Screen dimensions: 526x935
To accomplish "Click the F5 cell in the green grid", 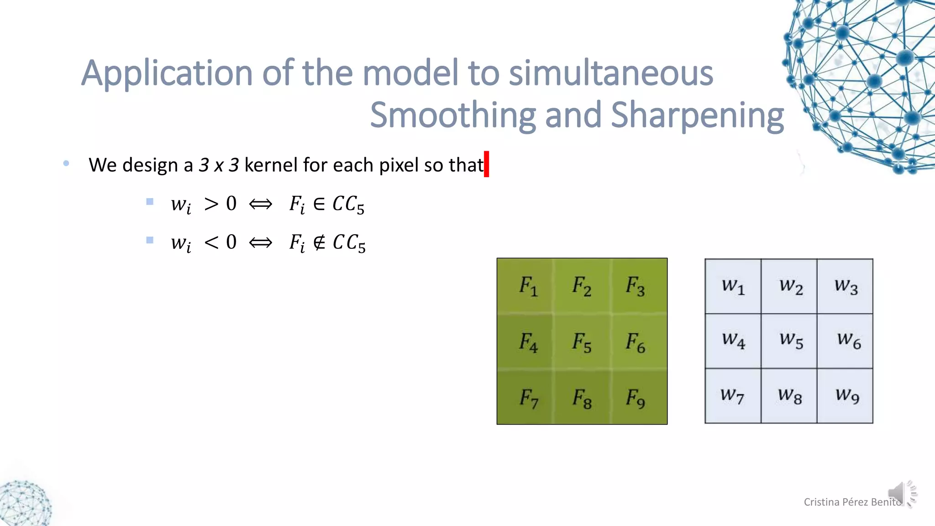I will (x=582, y=342).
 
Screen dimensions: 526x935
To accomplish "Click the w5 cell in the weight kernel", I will (x=789, y=341).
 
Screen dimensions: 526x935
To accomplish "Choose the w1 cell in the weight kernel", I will (x=733, y=286).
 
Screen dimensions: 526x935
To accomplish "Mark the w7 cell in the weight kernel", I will (x=733, y=395).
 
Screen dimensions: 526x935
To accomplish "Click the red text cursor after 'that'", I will (x=487, y=164).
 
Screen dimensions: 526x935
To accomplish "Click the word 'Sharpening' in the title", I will (x=697, y=115).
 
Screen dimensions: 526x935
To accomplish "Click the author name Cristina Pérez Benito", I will (x=852, y=502).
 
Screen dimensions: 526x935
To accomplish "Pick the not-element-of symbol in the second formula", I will (x=319, y=242).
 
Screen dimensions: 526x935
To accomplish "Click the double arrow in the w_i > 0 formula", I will (x=261, y=204).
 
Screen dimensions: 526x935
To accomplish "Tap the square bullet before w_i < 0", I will (x=150, y=240).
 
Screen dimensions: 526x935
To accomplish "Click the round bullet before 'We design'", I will (x=67, y=163).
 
